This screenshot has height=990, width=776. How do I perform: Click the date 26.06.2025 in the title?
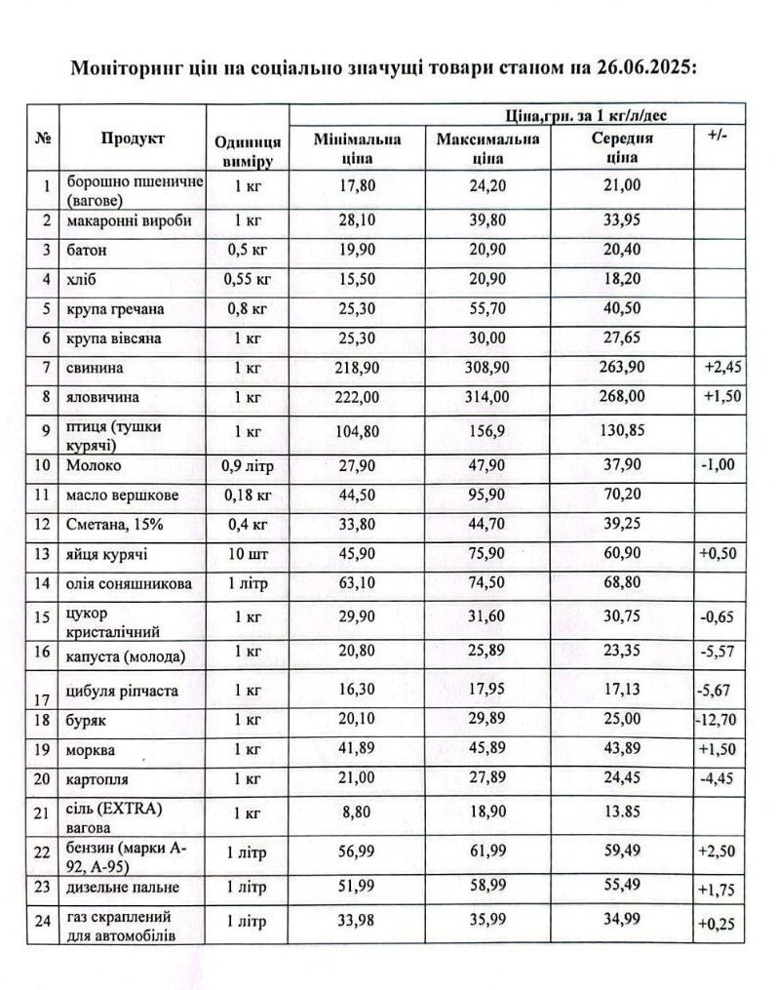[653, 68]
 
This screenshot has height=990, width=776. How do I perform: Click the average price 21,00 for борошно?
[622, 185]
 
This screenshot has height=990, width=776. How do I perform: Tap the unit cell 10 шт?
[249, 555]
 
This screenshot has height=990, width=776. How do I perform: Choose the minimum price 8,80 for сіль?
[352, 809]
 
